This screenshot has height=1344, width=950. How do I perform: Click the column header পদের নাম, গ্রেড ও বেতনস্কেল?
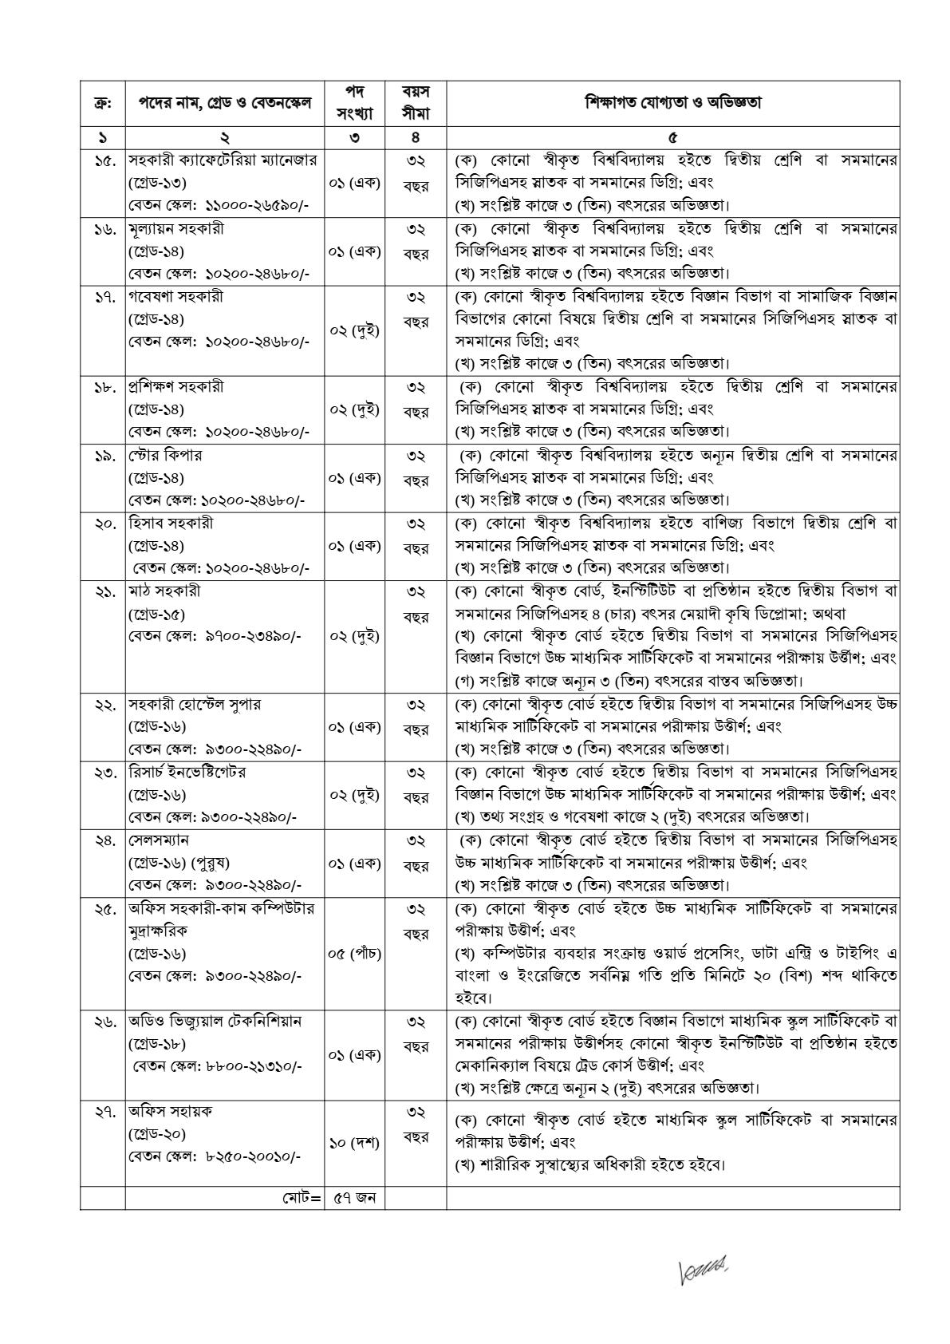pyautogui.click(x=224, y=103)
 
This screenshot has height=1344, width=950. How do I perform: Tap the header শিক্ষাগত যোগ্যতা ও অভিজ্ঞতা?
pyautogui.click(x=672, y=103)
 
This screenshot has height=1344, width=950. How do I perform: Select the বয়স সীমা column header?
pyautogui.click(x=416, y=103)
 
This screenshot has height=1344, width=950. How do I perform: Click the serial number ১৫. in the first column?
pyautogui.click(x=102, y=160)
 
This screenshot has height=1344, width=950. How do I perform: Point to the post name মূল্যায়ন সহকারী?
pyautogui.click(x=176, y=228)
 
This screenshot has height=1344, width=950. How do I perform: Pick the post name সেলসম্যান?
pyautogui.click(x=159, y=840)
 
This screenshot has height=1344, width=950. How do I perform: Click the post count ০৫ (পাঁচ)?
pyautogui.click(x=354, y=953)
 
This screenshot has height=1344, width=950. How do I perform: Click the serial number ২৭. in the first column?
pyautogui.click(x=102, y=1111)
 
